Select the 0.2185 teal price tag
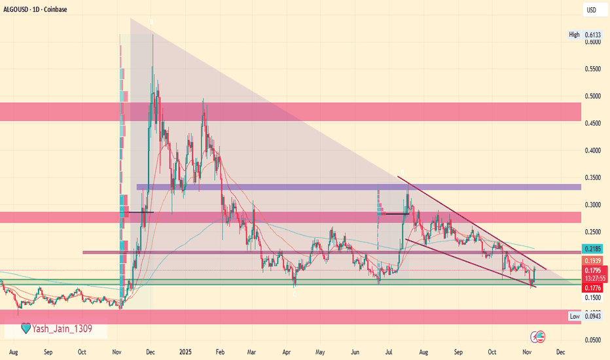point(593,250)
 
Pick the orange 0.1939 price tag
point(593,261)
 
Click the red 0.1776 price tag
point(593,287)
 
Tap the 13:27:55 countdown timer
point(593,278)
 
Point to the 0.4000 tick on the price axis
point(593,151)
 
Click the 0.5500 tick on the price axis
point(593,69)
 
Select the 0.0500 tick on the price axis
point(593,340)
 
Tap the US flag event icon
point(539,336)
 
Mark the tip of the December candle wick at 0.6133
point(152,33)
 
